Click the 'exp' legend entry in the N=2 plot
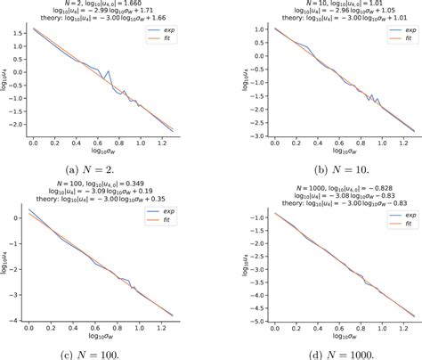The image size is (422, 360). (x=191, y=29)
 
